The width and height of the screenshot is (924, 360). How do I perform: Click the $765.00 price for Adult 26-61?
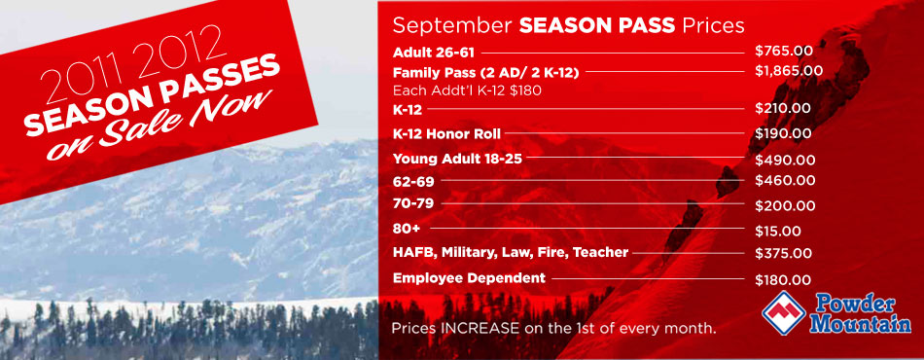click(784, 51)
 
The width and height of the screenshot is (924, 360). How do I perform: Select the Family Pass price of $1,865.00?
click(789, 71)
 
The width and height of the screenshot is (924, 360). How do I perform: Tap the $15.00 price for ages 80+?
click(778, 231)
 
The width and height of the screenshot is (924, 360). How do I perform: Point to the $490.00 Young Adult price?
click(785, 160)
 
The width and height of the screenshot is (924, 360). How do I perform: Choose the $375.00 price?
click(784, 253)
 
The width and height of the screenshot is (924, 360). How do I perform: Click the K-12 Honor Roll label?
click(446, 134)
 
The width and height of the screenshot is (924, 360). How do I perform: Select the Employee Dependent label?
click(469, 278)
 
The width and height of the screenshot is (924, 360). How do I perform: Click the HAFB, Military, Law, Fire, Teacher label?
click(511, 253)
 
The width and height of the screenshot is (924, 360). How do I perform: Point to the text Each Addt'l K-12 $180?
click(467, 91)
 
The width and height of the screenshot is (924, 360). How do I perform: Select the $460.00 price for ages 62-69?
click(785, 180)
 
